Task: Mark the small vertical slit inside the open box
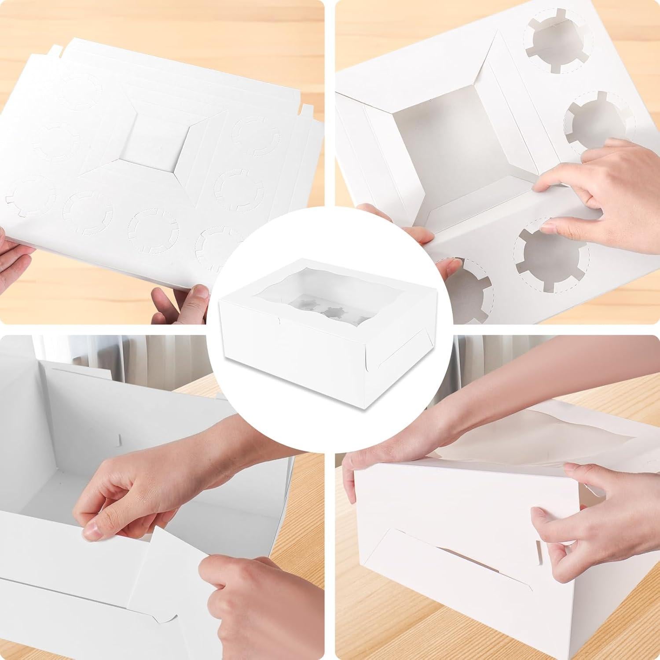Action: click(x=120, y=440)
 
